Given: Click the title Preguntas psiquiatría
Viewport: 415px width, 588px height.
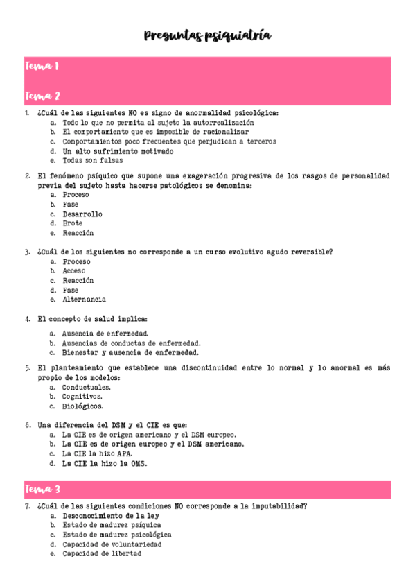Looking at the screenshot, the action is click(x=208, y=35).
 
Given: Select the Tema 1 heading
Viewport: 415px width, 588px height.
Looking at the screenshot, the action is click(x=42, y=67).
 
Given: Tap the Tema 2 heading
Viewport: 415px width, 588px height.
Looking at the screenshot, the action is click(x=43, y=95).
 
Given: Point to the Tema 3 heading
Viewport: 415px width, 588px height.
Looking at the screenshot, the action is click(x=43, y=490).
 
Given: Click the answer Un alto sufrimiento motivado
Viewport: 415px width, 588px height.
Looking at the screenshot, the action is click(x=118, y=150).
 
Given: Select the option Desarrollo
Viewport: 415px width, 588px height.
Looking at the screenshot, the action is click(x=82, y=214).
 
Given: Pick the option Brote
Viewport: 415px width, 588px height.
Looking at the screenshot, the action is click(x=72, y=223).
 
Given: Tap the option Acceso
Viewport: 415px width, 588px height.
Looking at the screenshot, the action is click(x=74, y=271).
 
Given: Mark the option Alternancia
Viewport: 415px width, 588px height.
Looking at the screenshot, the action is click(x=84, y=300).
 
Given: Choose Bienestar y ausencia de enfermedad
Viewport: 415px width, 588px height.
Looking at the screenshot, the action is click(x=130, y=352).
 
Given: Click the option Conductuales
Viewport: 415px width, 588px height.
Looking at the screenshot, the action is click(x=87, y=387).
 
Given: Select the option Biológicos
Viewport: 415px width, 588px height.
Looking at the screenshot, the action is click(x=82, y=406).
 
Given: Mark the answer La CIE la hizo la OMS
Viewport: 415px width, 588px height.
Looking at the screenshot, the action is click(x=105, y=463).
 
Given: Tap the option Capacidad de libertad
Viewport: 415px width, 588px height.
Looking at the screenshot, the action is click(x=102, y=554).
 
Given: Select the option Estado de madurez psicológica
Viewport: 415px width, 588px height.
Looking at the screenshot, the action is click(x=116, y=535).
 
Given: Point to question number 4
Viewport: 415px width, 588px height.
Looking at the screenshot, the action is click(x=28, y=319).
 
